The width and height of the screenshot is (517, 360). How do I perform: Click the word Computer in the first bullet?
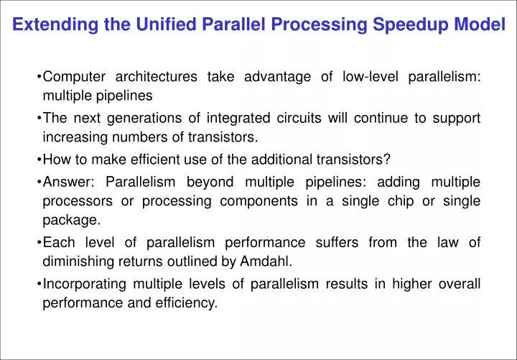coord(75,77)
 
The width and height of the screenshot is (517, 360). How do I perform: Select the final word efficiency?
coord(187,303)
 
